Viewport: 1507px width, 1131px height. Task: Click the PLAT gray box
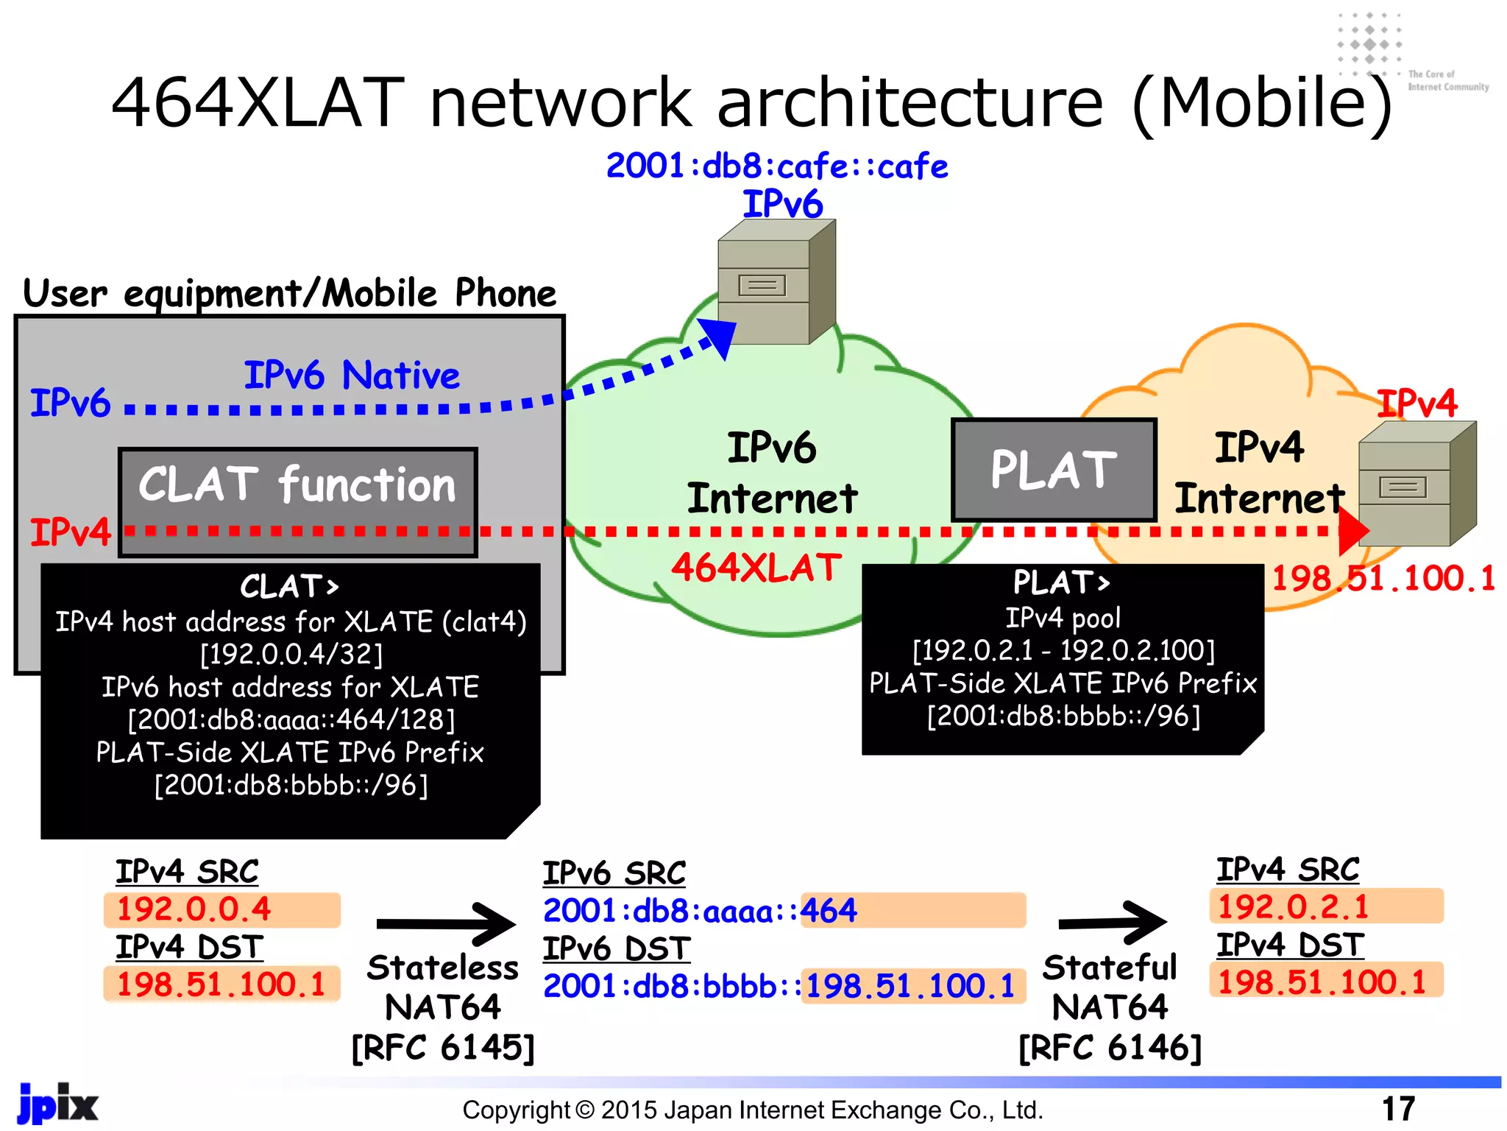1054,470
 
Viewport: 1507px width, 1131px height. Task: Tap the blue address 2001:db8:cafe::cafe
776,166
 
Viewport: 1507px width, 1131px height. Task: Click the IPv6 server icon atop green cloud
776,283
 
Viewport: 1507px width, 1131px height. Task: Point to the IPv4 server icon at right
1416,484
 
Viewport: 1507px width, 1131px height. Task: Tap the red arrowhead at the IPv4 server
1352,530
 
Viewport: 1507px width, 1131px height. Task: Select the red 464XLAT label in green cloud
756,568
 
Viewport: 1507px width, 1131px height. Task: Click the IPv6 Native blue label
352,376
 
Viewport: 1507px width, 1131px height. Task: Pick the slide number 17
1398,1108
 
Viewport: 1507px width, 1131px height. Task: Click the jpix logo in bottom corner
57,1104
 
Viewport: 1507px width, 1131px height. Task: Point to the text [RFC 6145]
443,1047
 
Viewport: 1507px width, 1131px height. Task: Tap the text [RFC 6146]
1110,1047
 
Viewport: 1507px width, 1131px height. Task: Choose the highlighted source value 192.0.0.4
194,909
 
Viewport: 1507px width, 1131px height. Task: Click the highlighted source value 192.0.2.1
1293,906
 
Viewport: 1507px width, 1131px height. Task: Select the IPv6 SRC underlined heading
614,873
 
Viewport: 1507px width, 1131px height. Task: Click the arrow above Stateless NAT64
446,923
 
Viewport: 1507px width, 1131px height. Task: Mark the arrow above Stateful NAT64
1112,922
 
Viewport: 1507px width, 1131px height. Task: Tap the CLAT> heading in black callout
290,587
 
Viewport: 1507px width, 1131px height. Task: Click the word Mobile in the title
1263,103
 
